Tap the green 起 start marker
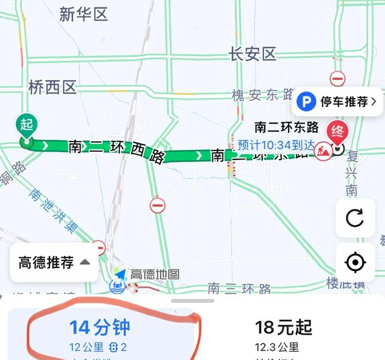coord(26,125)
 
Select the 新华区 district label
coord(84,15)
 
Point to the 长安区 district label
coord(252,54)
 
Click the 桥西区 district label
coord(52,88)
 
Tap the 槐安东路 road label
coord(262,95)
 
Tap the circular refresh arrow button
coord(355,217)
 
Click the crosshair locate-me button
coord(355,263)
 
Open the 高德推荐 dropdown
coord(54,262)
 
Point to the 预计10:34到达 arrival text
coord(276,144)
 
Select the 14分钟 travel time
coord(100,327)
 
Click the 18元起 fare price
coord(283,327)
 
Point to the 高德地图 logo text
coord(155,274)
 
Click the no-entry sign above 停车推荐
coord(337,78)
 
